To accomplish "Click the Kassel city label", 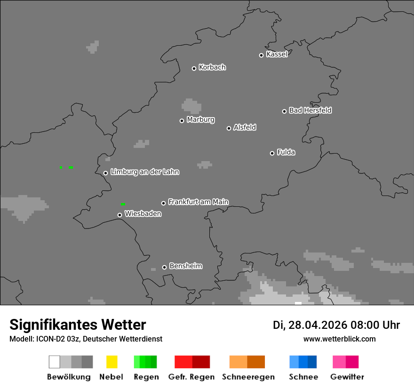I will pos(277,54).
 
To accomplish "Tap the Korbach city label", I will pos(212,67).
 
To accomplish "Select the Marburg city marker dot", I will pos(182,121).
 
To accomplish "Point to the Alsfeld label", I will pos(245,127).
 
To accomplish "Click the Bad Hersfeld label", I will pos(310,110).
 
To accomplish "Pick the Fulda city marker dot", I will pos(272,153).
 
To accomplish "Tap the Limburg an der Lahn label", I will pos(144,172).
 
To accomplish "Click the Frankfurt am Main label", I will pos(198,202).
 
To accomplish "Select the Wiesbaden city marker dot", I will pos(119,215).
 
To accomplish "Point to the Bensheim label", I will pos(185,266).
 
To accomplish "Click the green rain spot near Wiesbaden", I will pos(123,204).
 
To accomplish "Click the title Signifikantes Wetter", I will pos(78,325).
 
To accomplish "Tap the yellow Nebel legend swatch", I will pos(111,362).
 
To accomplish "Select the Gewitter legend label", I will pos(347,377).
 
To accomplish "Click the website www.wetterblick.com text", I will pos(339,339).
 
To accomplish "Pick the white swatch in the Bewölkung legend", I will pos(54,362).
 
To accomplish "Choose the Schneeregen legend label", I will pos(248,377).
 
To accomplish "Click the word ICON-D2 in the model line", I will pos(43,339).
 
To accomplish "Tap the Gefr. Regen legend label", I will pos(191,377).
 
